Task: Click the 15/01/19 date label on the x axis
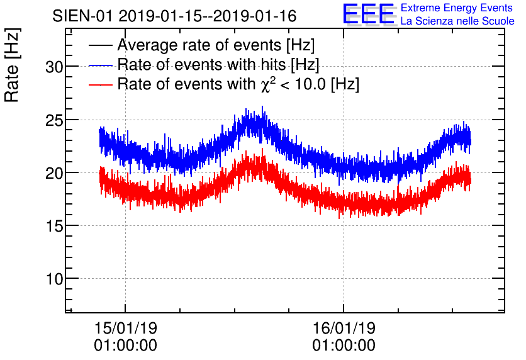pos(125,328)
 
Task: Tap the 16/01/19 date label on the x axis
pos(344,328)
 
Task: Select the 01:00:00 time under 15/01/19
pos(125,346)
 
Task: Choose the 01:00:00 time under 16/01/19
pos(344,346)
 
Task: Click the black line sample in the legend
pos(101,46)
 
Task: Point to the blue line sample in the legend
pos(101,65)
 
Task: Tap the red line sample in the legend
pos(101,84)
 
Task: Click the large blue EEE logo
pos(369,14)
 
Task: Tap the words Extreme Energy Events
pos(457,8)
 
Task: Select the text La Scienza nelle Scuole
pos(457,21)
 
